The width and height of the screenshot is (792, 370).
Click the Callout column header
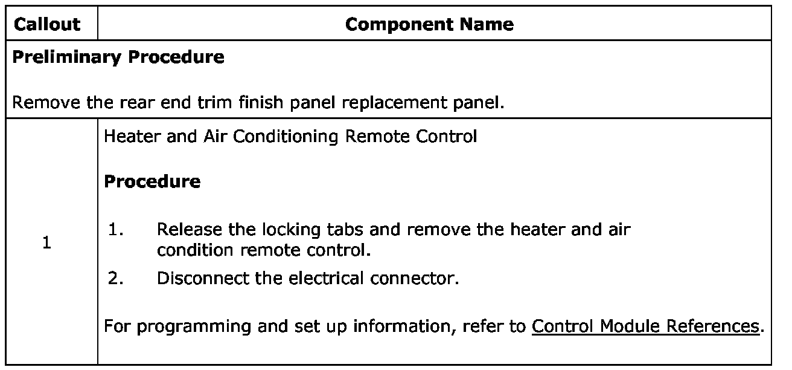coord(46,24)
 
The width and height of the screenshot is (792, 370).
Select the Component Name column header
coord(430,24)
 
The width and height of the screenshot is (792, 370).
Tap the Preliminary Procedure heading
coord(118,57)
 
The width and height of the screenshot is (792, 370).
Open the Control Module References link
coord(645,326)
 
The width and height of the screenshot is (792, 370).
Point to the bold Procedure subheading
coord(152,181)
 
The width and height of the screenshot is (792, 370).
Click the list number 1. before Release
coord(116,230)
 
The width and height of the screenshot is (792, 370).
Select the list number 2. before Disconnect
coord(116,278)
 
